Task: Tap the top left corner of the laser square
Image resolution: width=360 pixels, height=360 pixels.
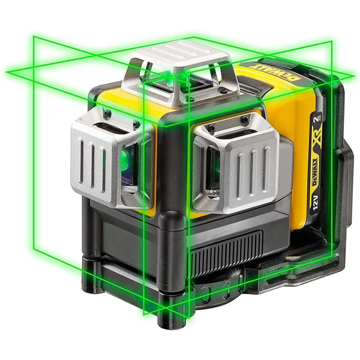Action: pos(34,37)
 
